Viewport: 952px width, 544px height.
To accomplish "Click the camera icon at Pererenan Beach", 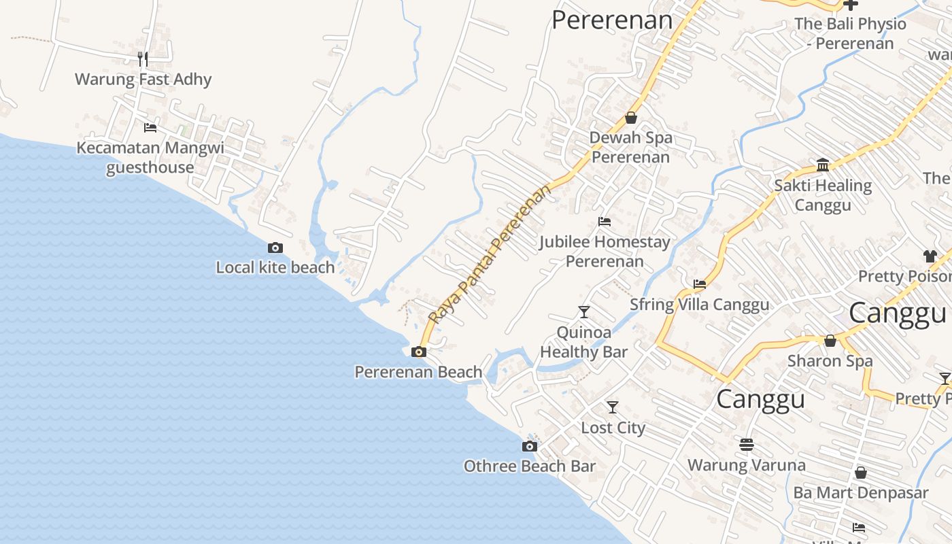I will point(419,352).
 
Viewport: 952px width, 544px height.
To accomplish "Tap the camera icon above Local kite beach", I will point(275,248).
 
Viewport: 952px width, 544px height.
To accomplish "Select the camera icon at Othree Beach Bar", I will point(529,446).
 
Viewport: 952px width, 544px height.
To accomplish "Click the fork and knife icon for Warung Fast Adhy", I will point(143,59).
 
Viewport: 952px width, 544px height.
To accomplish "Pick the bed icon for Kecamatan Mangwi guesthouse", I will point(150,127).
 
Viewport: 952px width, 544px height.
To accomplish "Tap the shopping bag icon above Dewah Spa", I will point(631,118).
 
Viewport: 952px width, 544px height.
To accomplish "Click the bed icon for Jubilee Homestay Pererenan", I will point(604,222).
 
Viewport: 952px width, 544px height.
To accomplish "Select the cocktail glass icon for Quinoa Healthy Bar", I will point(583,312).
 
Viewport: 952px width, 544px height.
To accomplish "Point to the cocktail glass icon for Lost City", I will point(613,407).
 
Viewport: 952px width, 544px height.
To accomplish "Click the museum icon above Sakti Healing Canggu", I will point(823,165).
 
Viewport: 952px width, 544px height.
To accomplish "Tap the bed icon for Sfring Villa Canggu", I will point(699,284).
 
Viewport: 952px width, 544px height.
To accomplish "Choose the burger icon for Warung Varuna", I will point(747,445).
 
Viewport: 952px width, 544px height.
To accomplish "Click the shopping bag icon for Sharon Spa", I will point(830,341).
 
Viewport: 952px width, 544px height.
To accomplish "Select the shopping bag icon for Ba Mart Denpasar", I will point(860,473).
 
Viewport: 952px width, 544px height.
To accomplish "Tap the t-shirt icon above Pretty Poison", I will point(930,256).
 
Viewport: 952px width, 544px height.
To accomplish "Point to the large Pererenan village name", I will point(612,20).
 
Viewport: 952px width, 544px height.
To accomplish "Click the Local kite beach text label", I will point(275,267).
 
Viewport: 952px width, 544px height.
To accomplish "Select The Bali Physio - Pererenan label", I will point(850,33).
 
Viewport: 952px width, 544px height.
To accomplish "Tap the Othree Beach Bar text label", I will point(529,466).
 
